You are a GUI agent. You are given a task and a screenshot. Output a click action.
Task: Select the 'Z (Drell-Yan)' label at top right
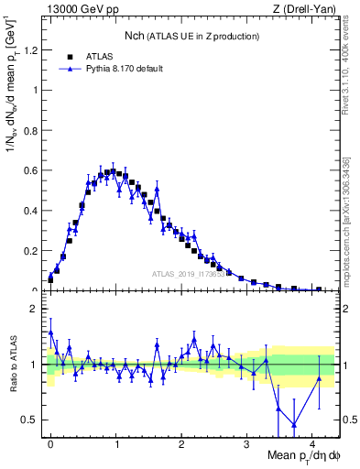point(310,9)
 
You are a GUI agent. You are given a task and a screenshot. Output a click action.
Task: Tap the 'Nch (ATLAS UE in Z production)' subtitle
point(191,36)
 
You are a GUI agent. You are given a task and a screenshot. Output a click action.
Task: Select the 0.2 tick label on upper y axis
point(36,250)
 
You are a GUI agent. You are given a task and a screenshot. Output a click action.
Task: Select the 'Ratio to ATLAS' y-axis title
point(13,365)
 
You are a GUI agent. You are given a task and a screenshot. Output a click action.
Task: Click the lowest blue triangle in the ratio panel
point(293,424)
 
